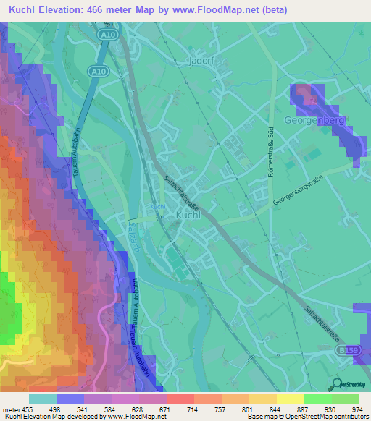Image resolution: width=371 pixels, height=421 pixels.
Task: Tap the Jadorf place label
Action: click(204, 61)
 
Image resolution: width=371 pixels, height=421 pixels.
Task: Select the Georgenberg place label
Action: click(314, 120)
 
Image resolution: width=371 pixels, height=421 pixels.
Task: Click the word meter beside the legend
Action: click(11, 410)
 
